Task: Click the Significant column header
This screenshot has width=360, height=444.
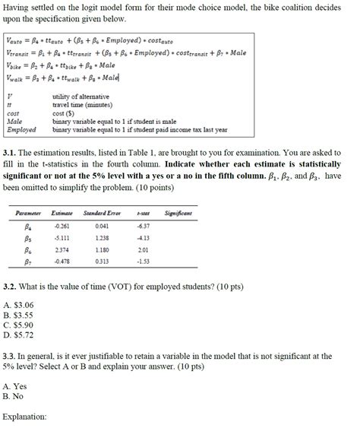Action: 177,214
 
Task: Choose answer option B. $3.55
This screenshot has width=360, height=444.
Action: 18,315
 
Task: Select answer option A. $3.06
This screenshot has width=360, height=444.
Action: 18,306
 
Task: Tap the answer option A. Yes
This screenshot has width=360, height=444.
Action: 14,386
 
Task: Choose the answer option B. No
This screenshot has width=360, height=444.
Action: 13,396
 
